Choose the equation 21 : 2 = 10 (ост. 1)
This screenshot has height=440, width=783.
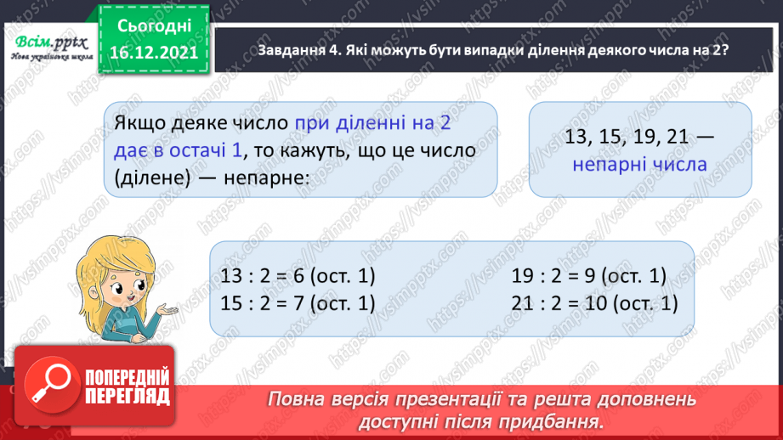(594, 303)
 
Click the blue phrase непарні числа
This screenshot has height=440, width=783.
(640, 163)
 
